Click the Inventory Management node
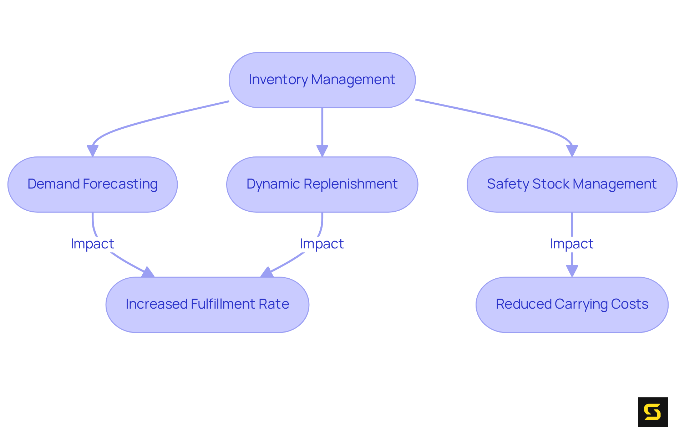[322, 80]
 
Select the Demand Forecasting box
[92, 185]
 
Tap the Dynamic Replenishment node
[322, 185]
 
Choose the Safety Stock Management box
[572, 185]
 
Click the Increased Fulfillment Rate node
[207, 305]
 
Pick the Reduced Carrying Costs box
[572, 305]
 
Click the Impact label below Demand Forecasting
[92, 244]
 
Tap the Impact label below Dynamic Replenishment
[322, 244]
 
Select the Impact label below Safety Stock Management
[572, 244]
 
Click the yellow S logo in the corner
[653, 412]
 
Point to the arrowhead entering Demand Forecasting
[92, 151]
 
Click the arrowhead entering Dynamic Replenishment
[322, 151]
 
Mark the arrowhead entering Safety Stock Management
[572, 151]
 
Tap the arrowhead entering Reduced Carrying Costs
[572, 271]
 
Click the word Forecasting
[120, 184]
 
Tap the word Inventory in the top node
[278, 80]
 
